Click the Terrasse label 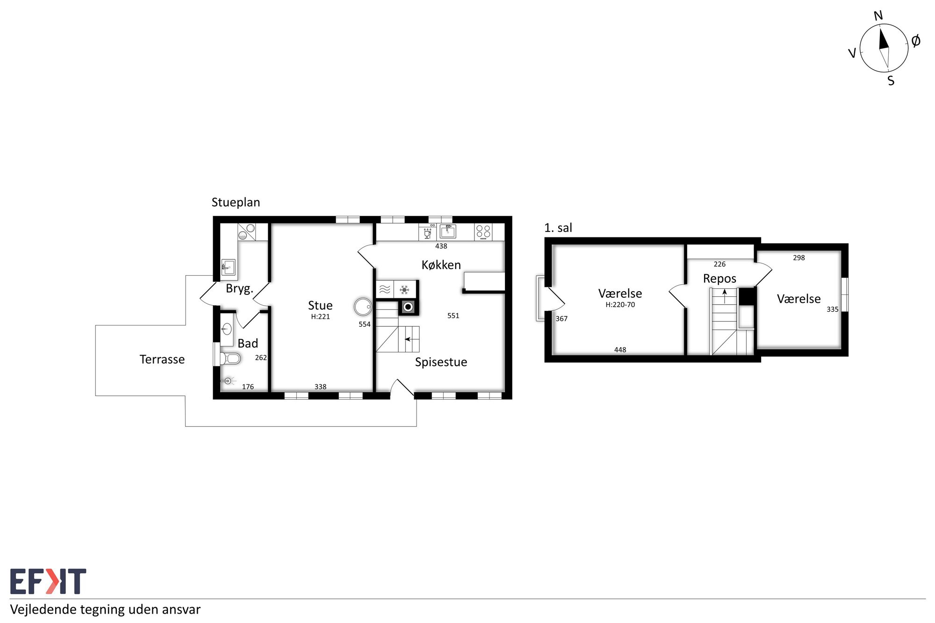pos(162,359)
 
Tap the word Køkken pos(441,265)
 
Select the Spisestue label pos(441,362)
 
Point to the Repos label pos(719,279)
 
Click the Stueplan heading pos(236,202)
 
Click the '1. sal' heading pos(558,228)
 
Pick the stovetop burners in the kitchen pos(483,232)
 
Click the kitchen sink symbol pos(448,231)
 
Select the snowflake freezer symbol pos(405,290)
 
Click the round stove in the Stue pos(363,307)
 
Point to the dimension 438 pos(441,246)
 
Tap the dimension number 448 pos(620,350)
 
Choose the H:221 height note pos(320,317)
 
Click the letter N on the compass pos(878,16)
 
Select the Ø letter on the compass pos(916,41)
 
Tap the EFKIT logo pos(48,581)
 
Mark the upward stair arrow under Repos pos(725,296)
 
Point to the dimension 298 pos(799,258)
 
